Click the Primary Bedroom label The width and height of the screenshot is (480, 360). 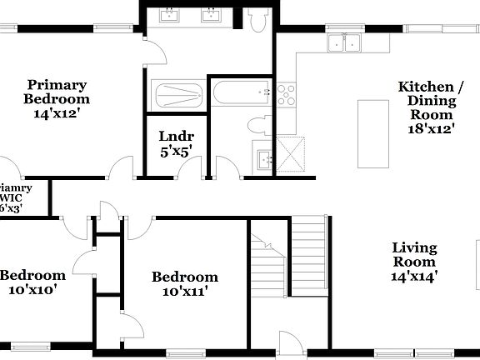pos(57,92)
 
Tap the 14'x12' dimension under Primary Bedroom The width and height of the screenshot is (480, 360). pos(57,114)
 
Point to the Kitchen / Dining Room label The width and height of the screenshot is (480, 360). pos(430,94)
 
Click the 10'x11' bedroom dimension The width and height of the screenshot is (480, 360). pos(184,292)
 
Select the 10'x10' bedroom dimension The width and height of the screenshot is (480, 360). pos(32,290)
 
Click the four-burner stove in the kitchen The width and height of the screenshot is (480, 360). pos(287,94)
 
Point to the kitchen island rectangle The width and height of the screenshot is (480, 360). pos(373,122)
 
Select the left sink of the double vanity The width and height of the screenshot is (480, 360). pos(170,15)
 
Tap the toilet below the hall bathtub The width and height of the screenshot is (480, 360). pos(257,124)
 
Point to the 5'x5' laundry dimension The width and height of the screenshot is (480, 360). pos(176,152)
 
